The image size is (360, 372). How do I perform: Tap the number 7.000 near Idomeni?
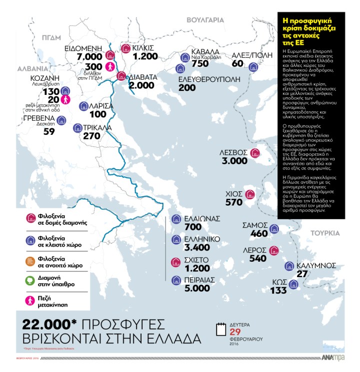click(x=88, y=57)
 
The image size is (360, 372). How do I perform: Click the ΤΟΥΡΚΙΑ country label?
click(x=325, y=233)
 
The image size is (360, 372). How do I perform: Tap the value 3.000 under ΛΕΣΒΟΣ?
click(x=234, y=161)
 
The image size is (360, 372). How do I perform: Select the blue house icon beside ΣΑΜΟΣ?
click(x=273, y=229)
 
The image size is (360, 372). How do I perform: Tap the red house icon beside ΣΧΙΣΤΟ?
click(x=175, y=261)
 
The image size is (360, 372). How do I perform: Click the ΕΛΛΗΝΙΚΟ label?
click(x=203, y=240)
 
